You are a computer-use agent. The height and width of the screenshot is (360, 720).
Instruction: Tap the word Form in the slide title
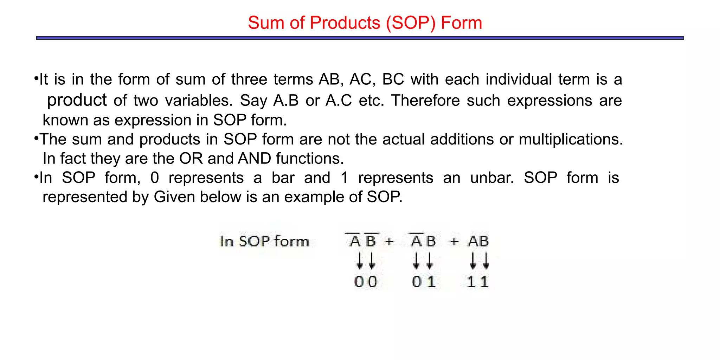(461, 23)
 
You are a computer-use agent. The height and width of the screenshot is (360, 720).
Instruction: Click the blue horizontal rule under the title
(360, 38)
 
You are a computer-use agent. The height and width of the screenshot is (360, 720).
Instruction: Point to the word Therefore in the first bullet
(425, 101)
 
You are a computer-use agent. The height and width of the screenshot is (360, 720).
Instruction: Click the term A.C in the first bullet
(339, 101)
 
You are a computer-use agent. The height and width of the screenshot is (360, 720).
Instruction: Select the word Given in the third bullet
(174, 197)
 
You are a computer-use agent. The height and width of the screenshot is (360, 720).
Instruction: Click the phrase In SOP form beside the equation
(264, 242)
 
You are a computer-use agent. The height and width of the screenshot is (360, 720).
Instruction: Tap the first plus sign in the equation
(389, 242)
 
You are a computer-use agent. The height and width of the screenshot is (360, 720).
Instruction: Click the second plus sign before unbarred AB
(454, 242)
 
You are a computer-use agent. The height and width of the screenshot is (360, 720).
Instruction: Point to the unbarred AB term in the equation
(478, 242)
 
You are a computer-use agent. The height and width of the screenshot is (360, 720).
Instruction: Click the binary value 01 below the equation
(424, 282)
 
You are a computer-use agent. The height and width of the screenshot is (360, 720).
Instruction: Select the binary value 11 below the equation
(478, 282)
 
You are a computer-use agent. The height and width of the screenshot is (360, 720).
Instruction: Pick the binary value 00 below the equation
(366, 282)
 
